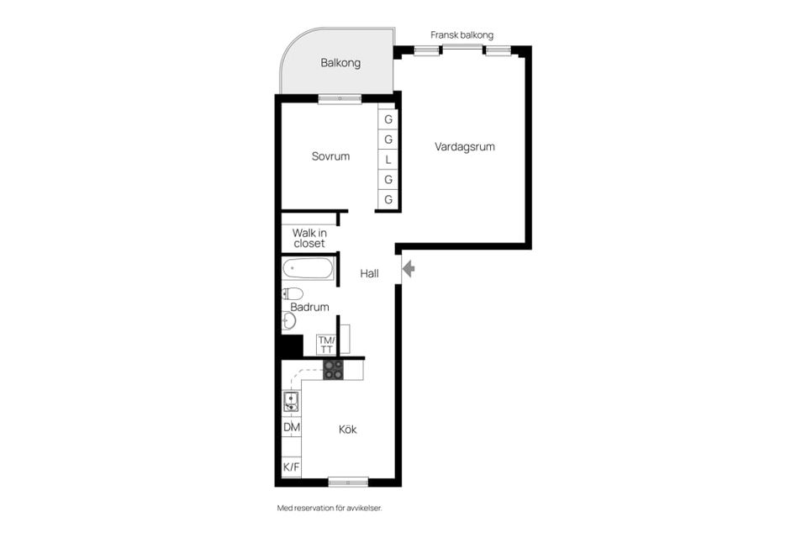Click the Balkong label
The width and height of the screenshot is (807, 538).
340,63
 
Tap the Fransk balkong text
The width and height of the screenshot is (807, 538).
462,35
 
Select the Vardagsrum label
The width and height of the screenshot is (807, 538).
465,147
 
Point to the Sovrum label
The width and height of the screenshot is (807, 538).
330,156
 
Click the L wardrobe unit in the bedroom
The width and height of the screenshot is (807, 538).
388,160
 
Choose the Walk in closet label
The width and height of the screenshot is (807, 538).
309,239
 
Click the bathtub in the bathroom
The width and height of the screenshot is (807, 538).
308,269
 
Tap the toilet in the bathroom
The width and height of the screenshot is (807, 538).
293,294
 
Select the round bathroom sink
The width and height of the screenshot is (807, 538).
288,321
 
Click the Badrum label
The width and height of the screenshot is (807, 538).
309,307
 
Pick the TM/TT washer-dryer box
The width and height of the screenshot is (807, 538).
326,345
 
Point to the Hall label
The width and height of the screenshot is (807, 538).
370,273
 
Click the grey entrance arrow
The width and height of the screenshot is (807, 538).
409,269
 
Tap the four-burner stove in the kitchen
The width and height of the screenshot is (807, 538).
333,370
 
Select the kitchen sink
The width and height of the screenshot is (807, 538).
291,402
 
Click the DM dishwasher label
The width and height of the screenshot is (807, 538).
292,427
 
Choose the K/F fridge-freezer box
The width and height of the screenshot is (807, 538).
292,467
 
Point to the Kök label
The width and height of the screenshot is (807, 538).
348,430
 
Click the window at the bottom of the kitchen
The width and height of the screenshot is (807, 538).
348,483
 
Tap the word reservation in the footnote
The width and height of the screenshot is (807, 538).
314,508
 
